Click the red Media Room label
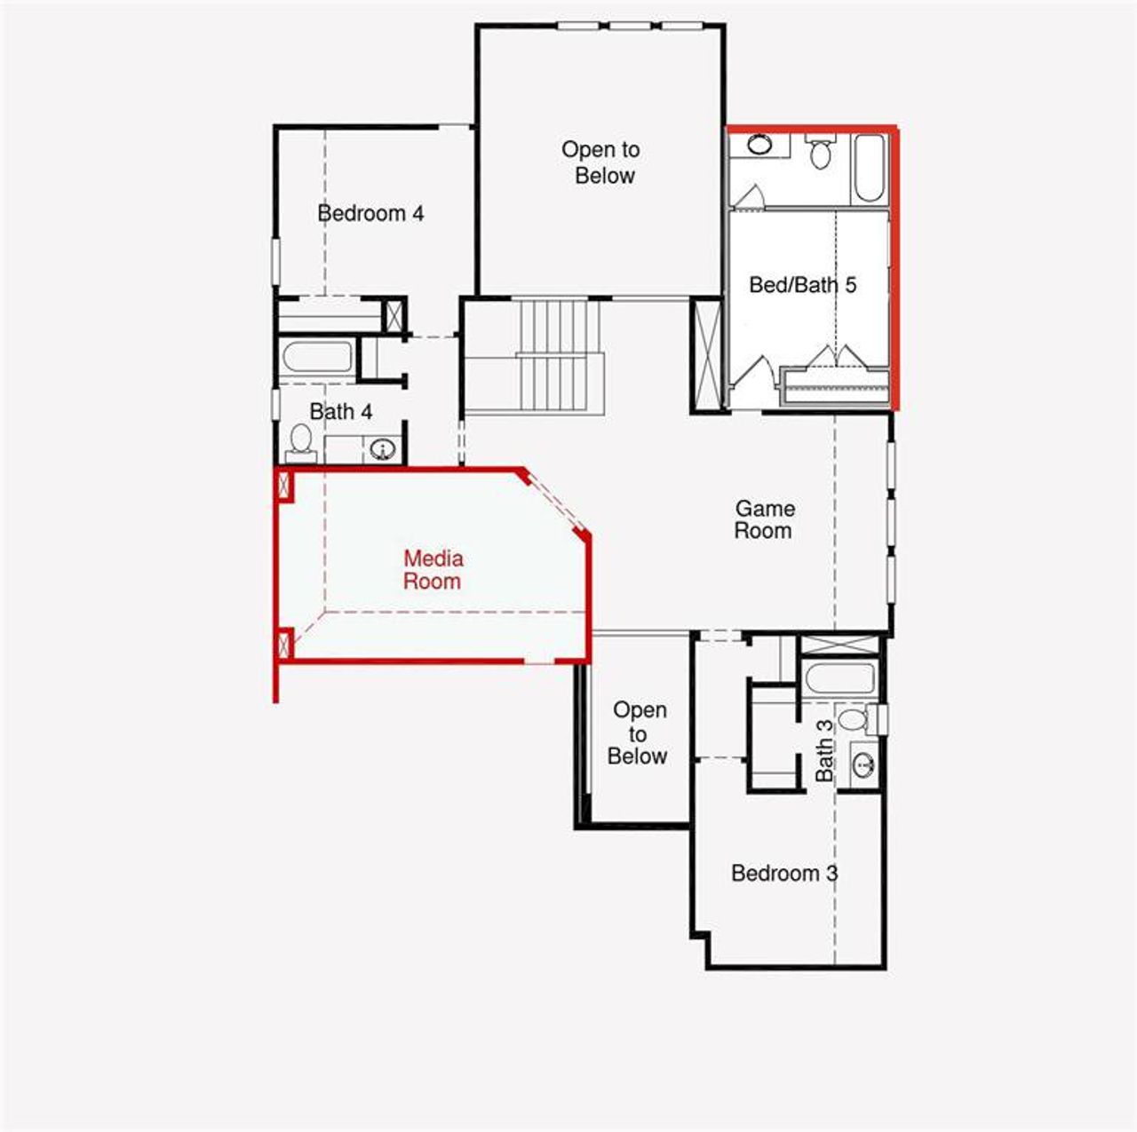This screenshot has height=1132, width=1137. [433, 570]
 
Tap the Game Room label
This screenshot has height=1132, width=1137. [764, 520]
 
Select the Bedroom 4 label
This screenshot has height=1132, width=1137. [370, 213]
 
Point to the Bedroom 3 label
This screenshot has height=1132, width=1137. [783, 873]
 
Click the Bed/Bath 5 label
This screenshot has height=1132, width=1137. [802, 285]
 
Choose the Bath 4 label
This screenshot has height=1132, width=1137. [340, 412]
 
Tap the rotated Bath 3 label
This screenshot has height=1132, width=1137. [825, 750]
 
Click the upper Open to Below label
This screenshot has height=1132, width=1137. [601, 162]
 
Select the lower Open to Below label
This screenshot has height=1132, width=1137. [639, 732]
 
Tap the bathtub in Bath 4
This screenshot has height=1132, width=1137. [317, 358]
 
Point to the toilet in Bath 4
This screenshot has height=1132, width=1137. [301, 441]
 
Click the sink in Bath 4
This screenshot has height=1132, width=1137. [383, 450]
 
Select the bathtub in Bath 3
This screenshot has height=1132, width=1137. [839, 679]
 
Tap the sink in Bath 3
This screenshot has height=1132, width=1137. [863, 763]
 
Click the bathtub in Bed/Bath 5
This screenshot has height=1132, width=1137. [868, 168]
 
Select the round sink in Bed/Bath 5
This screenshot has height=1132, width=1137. [759, 145]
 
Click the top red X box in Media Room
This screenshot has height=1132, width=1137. [285, 485]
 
